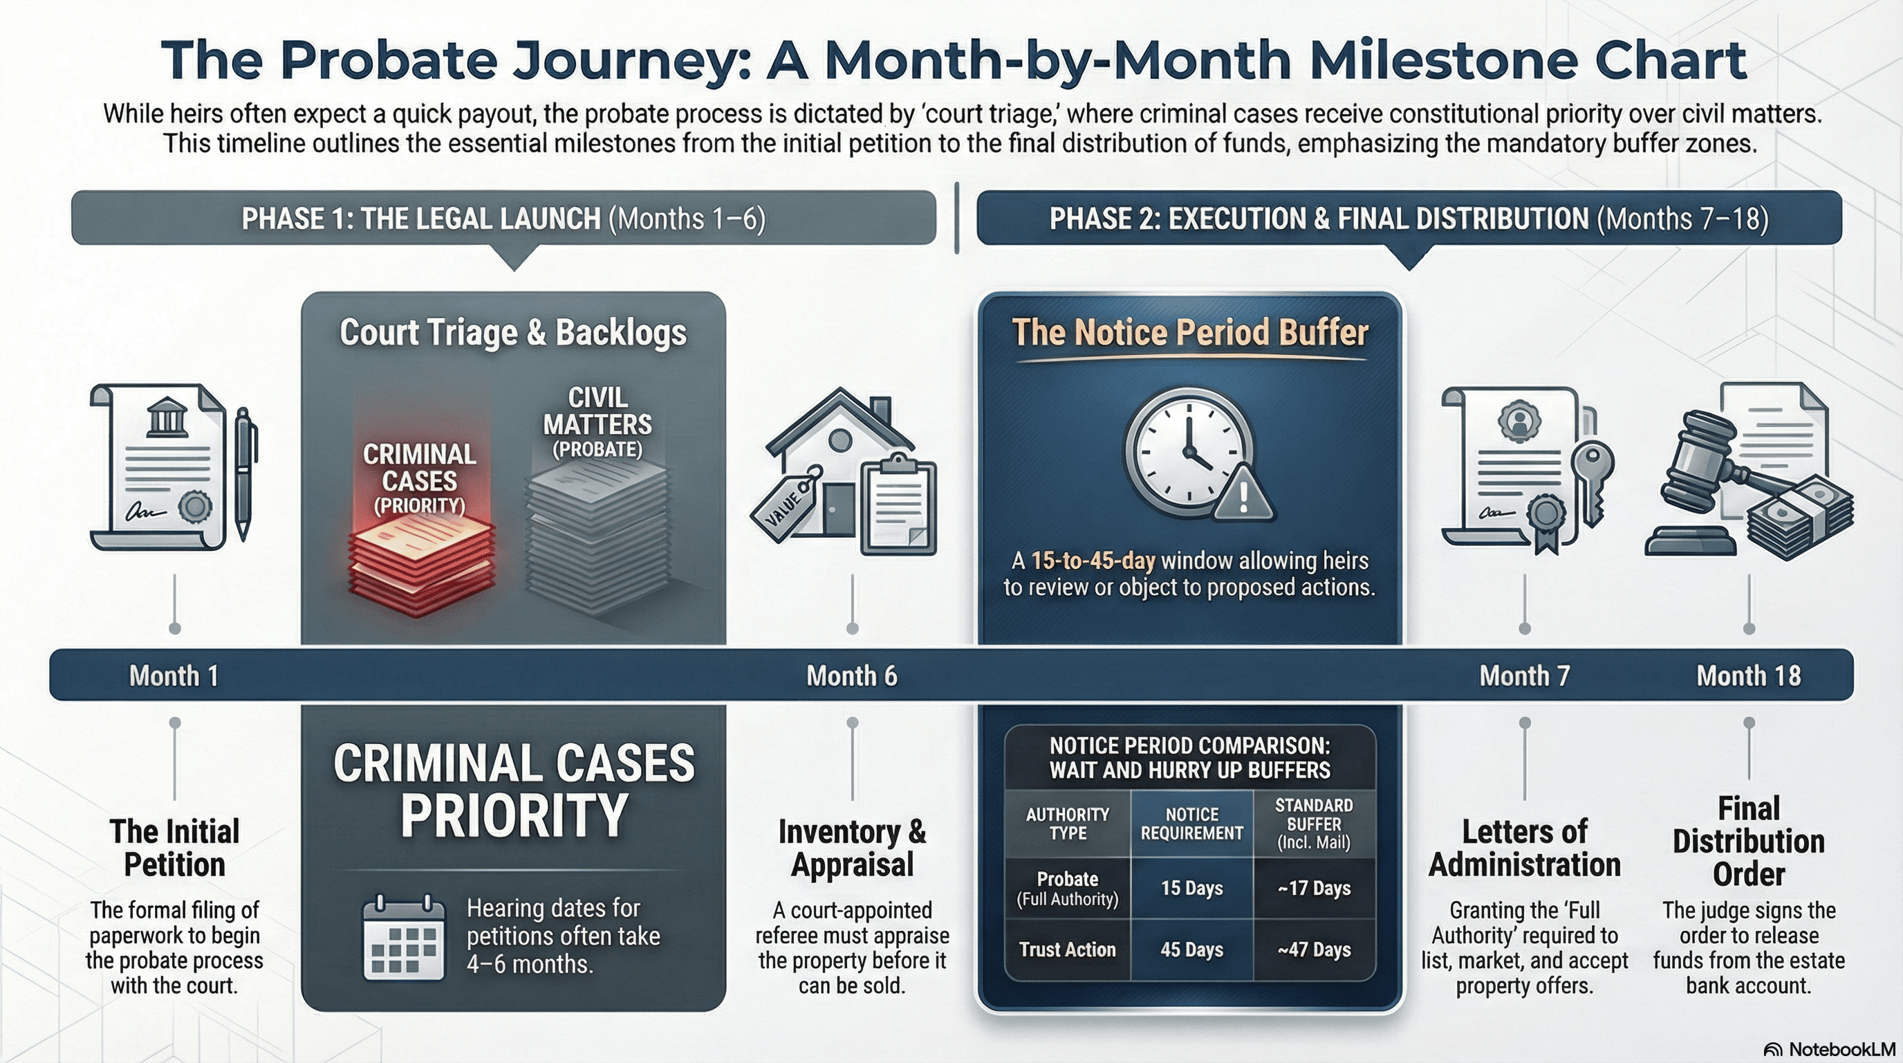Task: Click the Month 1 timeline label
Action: [174, 675]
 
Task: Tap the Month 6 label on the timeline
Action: [852, 675]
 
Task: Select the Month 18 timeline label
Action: [1749, 675]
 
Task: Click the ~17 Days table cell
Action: [1315, 888]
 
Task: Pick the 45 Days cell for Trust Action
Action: [1191, 950]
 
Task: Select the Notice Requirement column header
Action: [1191, 824]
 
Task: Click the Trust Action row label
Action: [1068, 950]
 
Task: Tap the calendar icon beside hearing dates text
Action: [404, 936]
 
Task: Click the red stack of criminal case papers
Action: [420, 565]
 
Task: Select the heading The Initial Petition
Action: [174, 848]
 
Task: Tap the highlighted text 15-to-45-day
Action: [1093, 561]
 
